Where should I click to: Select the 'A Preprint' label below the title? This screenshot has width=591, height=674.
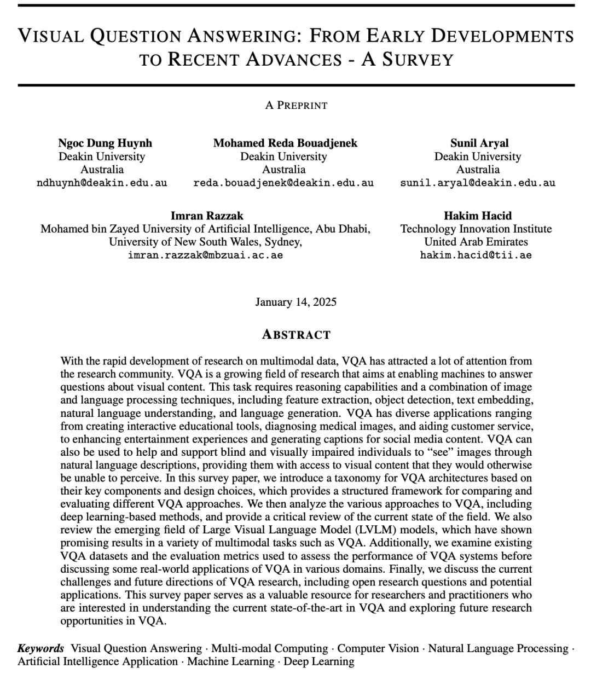pyautogui.click(x=296, y=105)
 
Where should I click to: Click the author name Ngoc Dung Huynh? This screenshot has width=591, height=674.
pyautogui.click(x=105, y=143)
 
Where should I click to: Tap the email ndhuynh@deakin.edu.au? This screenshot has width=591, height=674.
pyautogui.click(x=102, y=183)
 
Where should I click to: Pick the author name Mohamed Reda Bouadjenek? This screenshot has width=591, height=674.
pyautogui.click(x=285, y=143)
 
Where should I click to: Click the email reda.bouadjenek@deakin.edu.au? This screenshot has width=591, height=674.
pyautogui.click(x=283, y=183)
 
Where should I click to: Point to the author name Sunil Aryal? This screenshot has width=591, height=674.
pyautogui.click(x=479, y=143)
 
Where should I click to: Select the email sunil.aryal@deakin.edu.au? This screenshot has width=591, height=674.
pyautogui.click(x=478, y=183)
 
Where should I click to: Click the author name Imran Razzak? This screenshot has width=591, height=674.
pyautogui.click(x=206, y=216)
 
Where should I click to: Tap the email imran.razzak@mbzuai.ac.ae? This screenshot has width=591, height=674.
pyautogui.click(x=205, y=255)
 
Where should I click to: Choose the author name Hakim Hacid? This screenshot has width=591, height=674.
pyautogui.click(x=478, y=216)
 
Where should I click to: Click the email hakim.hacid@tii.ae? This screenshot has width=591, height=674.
pyautogui.click(x=476, y=255)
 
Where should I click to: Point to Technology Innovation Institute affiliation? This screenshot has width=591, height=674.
pyautogui.click(x=476, y=229)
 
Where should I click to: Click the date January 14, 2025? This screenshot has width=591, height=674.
pyautogui.click(x=296, y=302)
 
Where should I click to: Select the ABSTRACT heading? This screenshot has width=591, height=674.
pyautogui.click(x=296, y=334)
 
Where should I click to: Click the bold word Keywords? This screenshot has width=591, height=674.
pyautogui.click(x=41, y=649)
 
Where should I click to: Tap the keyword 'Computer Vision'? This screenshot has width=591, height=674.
pyautogui.click(x=378, y=649)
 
